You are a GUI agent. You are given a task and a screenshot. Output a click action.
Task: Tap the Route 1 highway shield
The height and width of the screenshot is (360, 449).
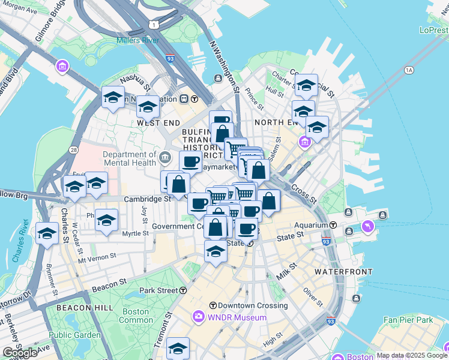[x=155, y=25]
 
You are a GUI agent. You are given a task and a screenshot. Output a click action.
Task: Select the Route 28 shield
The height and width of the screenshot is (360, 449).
[x=74, y=149]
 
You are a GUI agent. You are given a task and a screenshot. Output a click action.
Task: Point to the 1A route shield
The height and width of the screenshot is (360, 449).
[x=409, y=70]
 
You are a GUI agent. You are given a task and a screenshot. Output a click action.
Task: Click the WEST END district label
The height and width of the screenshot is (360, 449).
[x=158, y=122]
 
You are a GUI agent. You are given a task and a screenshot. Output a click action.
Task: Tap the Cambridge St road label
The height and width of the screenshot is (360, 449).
[x=148, y=199]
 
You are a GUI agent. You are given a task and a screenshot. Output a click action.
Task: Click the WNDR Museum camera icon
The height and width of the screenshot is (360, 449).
[x=199, y=316]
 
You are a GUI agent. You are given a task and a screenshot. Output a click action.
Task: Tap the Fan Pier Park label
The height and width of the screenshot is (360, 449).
[x=408, y=320]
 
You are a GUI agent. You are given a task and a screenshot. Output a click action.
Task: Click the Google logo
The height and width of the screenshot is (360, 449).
[x=20, y=353]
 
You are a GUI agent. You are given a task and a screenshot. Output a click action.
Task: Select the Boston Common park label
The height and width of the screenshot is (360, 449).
[x=136, y=316]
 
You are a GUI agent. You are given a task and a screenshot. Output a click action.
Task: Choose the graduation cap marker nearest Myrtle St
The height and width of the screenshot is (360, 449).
[x=106, y=220]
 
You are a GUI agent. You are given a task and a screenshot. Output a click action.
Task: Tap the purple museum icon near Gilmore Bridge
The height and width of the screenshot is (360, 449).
[x=62, y=66]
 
